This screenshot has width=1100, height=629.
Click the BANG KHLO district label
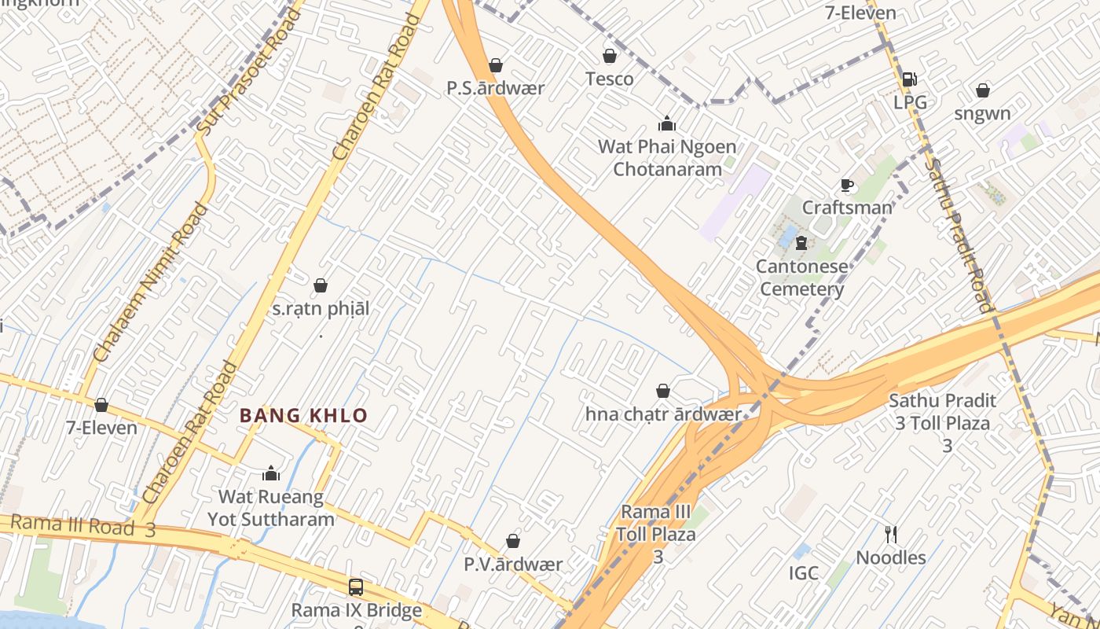pos(303,415)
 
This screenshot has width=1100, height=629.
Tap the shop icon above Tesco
pos(609,56)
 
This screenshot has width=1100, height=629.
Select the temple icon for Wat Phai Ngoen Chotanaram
pos(667,123)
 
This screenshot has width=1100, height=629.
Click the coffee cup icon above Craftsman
pos(847,186)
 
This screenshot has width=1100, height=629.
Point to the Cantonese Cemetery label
pos(801,278)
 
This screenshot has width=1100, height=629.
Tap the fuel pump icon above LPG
pos(909,79)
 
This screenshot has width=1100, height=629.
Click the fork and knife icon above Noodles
pos(891,535)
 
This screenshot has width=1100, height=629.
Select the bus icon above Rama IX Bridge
pos(356,587)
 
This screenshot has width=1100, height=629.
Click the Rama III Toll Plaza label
pos(656,534)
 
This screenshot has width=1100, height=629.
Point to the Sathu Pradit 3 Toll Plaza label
pos(942,422)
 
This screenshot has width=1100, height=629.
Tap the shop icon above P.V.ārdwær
pos(513,541)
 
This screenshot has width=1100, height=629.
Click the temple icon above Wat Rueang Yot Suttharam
pos(271,473)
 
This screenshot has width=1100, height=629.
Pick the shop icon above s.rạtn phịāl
pos(321,285)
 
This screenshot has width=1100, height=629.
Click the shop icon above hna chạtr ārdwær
pos(663,391)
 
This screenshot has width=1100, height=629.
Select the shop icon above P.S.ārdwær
pos(496,65)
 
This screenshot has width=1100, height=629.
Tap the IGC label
pos(804,573)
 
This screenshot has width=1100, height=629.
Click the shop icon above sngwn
pos(982,90)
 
